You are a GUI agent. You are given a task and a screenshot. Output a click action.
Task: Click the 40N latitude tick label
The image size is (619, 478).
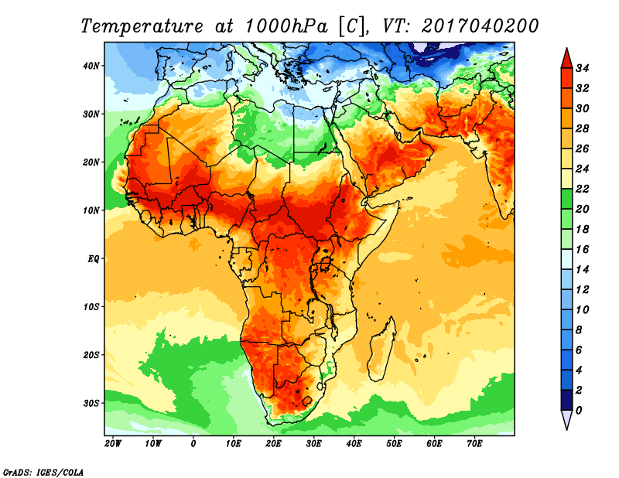[91, 66]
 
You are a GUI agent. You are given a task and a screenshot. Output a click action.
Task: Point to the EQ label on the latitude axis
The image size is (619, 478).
[93, 258]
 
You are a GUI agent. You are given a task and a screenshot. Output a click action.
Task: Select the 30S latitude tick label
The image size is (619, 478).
[91, 403]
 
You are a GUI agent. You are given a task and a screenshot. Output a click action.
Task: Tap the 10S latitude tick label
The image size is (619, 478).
[91, 306]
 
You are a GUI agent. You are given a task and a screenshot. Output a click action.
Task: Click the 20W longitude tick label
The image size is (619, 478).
[113, 444]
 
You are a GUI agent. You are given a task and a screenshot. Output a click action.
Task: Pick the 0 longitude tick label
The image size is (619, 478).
[193, 444]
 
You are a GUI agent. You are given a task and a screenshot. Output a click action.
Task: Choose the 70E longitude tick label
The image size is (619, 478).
[474, 444]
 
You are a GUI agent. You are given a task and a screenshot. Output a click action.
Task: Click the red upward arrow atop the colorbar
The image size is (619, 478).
[566, 57]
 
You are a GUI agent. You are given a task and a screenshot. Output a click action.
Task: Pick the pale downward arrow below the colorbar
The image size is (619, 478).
[566, 420]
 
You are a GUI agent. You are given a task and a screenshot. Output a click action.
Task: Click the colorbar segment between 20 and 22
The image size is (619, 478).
[566, 199]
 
